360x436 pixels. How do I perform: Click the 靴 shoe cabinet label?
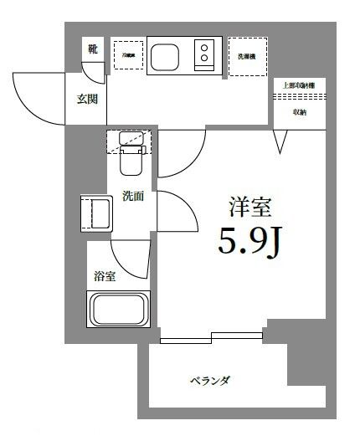(x=92, y=50)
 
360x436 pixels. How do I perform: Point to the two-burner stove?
(x=204, y=56)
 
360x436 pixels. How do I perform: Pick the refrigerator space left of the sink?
(x=128, y=56)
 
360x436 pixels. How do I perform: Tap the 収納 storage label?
(x=299, y=112)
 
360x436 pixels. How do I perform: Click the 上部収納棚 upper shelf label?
(x=299, y=85)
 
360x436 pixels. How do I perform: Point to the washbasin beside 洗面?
(x=95, y=213)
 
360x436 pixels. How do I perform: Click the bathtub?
(x=120, y=312)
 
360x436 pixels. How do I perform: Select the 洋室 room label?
(x=250, y=206)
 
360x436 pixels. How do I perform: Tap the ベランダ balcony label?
(x=210, y=380)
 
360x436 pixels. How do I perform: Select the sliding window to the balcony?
(x=211, y=338)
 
